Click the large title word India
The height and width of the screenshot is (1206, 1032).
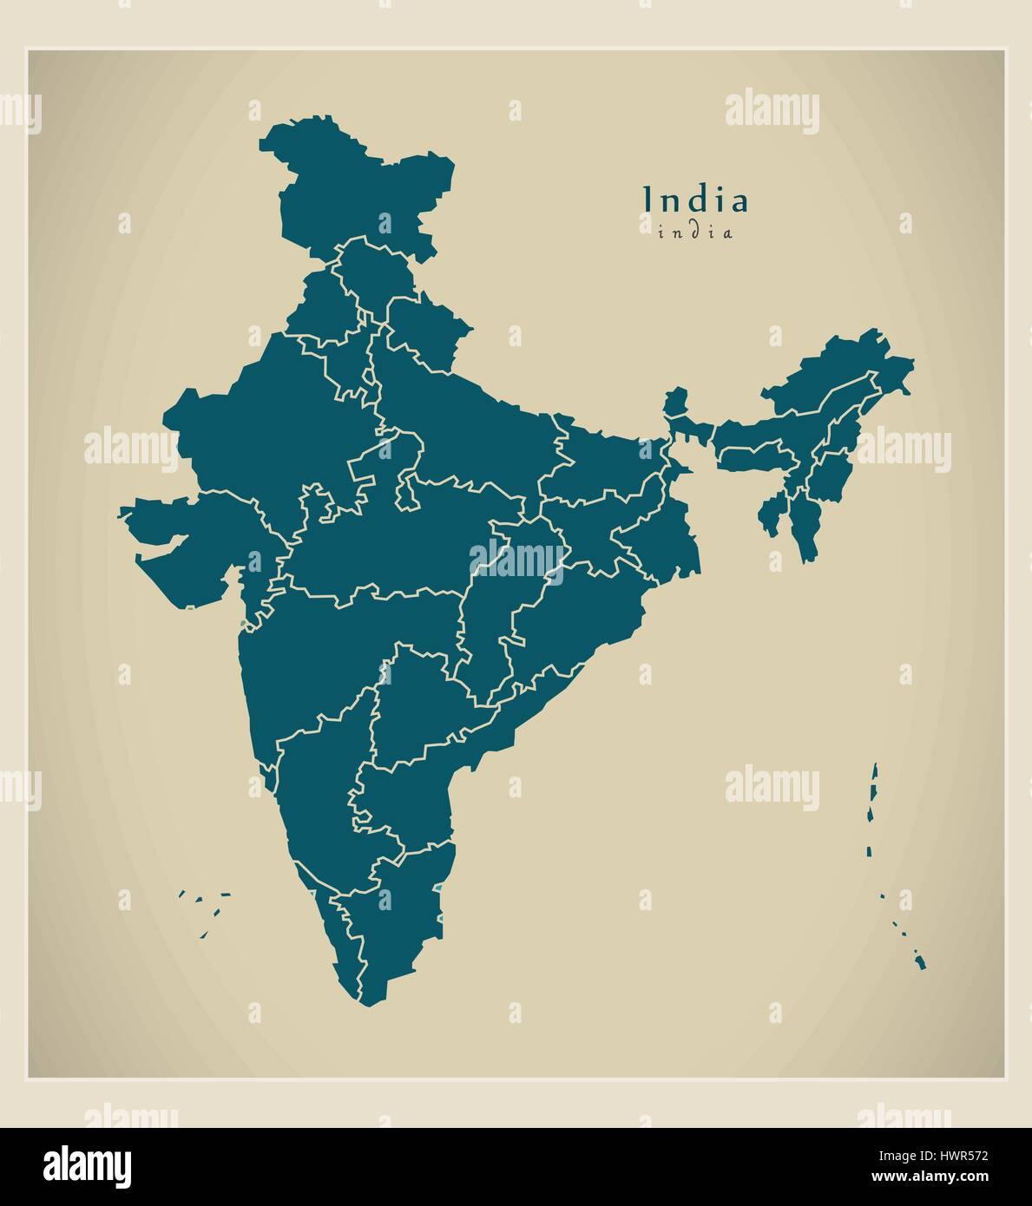coord(694,200)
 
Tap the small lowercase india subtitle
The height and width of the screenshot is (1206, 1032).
coord(694,233)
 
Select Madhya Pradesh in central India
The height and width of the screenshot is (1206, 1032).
coord(391,547)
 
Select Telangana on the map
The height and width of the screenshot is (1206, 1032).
coord(417,703)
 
